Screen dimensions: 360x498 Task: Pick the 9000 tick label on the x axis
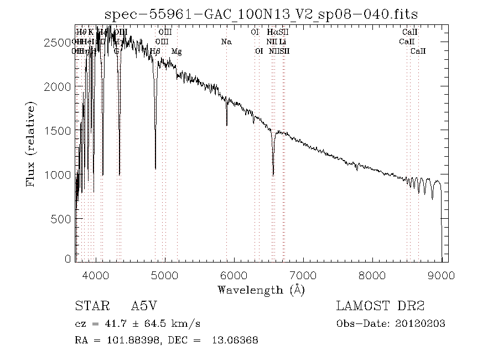(x=442, y=274)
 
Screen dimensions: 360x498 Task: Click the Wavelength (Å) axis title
(x=261, y=289)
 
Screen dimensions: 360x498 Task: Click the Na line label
(x=226, y=42)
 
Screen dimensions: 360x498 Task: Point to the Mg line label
(x=177, y=52)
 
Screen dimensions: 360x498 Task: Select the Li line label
(x=283, y=42)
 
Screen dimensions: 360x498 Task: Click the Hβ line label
(x=155, y=52)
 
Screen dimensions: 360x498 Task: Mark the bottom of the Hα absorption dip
(x=273, y=175)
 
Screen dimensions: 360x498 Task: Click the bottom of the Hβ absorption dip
(x=155, y=168)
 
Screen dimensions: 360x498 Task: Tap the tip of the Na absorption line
(x=226, y=126)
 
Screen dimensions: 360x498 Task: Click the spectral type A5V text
(x=144, y=306)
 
